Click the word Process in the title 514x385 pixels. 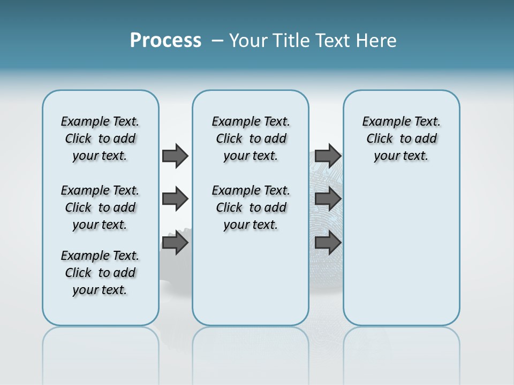pyautogui.click(x=165, y=41)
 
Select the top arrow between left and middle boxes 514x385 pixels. pyautogui.click(x=175, y=156)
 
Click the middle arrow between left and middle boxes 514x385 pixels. pyautogui.click(x=175, y=199)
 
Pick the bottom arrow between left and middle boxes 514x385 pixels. pyautogui.click(x=175, y=243)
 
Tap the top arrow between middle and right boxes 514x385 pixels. pyautogui.click(x=328, y=156)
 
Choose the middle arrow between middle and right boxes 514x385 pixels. pyautogui.click(x=328, y=199)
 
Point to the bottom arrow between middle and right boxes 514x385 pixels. pyautogui.click(x=328, y=243)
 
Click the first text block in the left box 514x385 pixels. pyautogui.click(x=100, y=138)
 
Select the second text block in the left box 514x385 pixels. pyautogui.click(x=100, y=207)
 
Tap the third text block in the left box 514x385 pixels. pyautogui.click(x=100, y=273)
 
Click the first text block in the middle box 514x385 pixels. pyautogui.click(x=251, y=138)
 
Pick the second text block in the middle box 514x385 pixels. pyautogui.click(x=251, y=207)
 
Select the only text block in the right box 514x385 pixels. pyautogui.click(x=402, y=138)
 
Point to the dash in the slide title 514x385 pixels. pyautogui.click(x=217, y=41)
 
